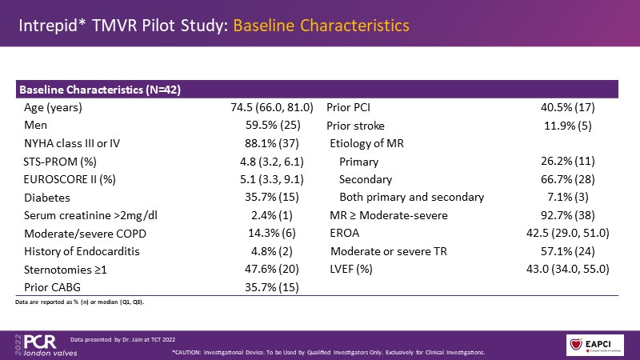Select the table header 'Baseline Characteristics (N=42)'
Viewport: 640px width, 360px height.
pos(99,89)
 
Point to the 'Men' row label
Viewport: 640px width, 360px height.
pos(36,125)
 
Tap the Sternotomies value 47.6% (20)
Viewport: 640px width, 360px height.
pos(271,270)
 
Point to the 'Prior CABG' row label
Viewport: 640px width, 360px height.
pos(51,287)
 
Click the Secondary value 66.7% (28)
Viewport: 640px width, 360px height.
pos(568,179)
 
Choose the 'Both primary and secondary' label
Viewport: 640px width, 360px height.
pos(411,197)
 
